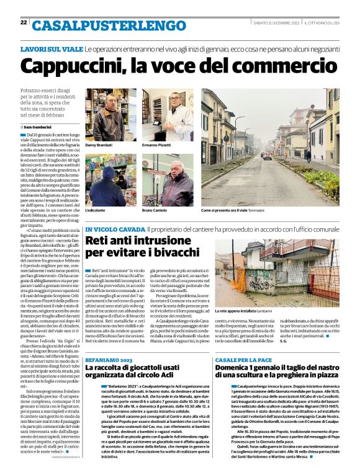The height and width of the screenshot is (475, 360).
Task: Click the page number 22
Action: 24,22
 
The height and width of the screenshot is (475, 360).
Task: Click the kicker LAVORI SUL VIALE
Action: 52,48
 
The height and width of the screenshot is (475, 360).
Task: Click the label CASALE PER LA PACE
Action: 243,342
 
